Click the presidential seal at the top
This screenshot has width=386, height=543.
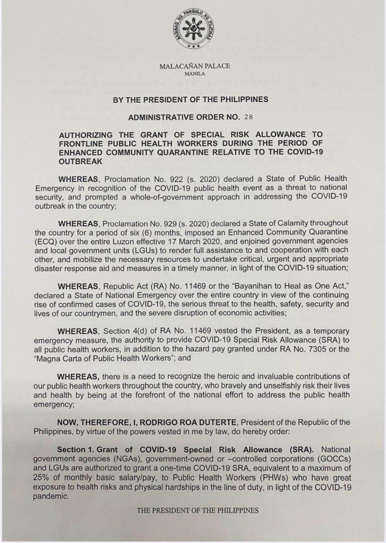[193, 31]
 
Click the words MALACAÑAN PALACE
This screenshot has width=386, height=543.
[195, 66]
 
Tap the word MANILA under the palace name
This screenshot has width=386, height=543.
[195, 73]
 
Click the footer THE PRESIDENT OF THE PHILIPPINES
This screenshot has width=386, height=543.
[197, 511]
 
